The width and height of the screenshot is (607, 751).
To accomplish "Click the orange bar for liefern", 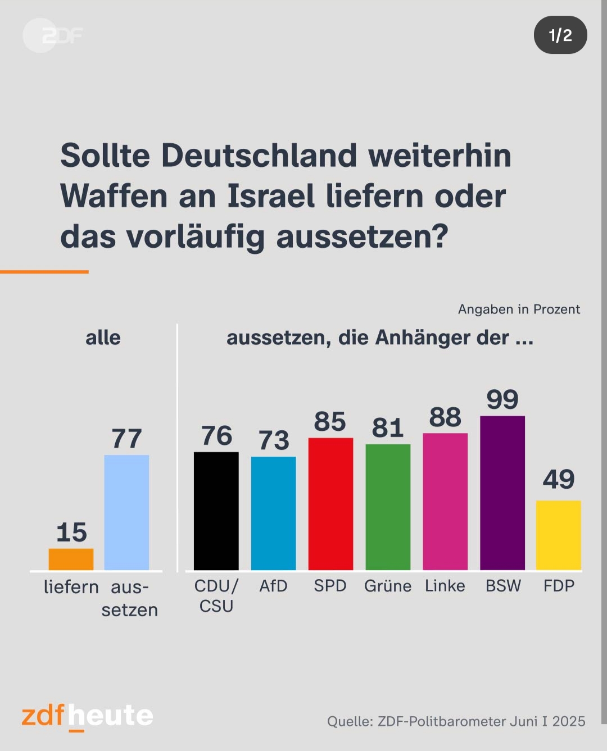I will pos(71,559).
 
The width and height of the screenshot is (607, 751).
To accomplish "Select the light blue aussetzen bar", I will pos(126,512).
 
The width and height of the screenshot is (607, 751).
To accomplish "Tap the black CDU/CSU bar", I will pos(216,511).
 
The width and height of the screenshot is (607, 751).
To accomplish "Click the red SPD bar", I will pos(330,504).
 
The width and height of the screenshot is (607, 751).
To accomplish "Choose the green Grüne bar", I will pos(388,507).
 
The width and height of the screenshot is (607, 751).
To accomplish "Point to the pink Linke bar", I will pos(445,501).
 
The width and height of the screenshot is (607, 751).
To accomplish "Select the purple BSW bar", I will pos(502,493).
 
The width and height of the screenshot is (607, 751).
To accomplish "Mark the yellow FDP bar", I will pos(559,535).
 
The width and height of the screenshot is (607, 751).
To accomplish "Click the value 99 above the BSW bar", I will pos(502,399).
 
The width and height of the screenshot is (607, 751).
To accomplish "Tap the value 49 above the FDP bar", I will pos(559,479).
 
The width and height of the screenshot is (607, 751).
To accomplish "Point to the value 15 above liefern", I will pos(71,532).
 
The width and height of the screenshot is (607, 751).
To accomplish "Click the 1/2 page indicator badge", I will pos(560,35).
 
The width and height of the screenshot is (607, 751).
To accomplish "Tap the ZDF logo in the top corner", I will pos(53,35).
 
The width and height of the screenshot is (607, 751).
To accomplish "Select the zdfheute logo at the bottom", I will pos(87,716).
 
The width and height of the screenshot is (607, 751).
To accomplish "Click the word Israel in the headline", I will pos(270,196).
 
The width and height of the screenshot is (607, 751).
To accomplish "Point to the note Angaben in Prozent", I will pos(519,309).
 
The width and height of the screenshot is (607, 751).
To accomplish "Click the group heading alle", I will pos(103,338).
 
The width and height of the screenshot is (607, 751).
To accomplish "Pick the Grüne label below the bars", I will pos(388,586).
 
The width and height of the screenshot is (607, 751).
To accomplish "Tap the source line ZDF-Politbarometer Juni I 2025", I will pos(456,721).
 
